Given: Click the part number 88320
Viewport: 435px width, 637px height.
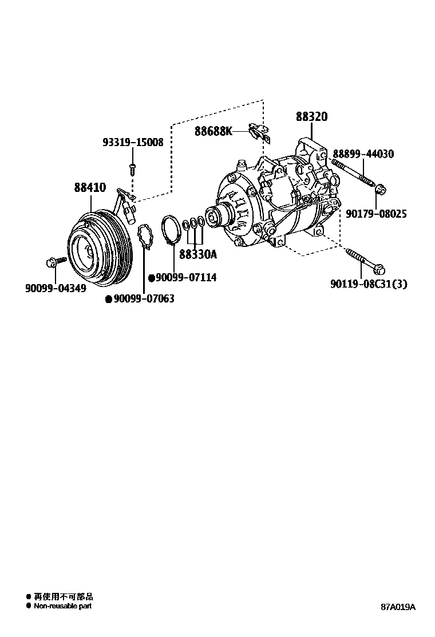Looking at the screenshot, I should click(311, 117).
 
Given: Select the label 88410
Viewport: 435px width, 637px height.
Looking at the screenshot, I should click(89, 187).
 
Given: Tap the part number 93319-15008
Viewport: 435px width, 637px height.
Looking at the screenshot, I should click(133, 142).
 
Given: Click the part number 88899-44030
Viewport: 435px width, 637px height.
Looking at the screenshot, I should click(363, 154).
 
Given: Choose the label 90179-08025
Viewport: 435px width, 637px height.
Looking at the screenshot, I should click(376, 214).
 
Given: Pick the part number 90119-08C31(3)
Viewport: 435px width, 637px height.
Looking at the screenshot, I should click(369, 284).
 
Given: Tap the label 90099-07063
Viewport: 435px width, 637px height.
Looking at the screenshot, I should click(144, 299).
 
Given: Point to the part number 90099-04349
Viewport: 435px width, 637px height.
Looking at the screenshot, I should click(56, 288).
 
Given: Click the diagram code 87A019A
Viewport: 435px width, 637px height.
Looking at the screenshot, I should click(398, 607).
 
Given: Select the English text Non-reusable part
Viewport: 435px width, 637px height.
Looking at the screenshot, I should click(62, 605).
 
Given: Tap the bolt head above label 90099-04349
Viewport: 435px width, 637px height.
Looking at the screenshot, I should click(49, 262).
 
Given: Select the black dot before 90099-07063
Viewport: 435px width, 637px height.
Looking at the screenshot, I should click(108, 299).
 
